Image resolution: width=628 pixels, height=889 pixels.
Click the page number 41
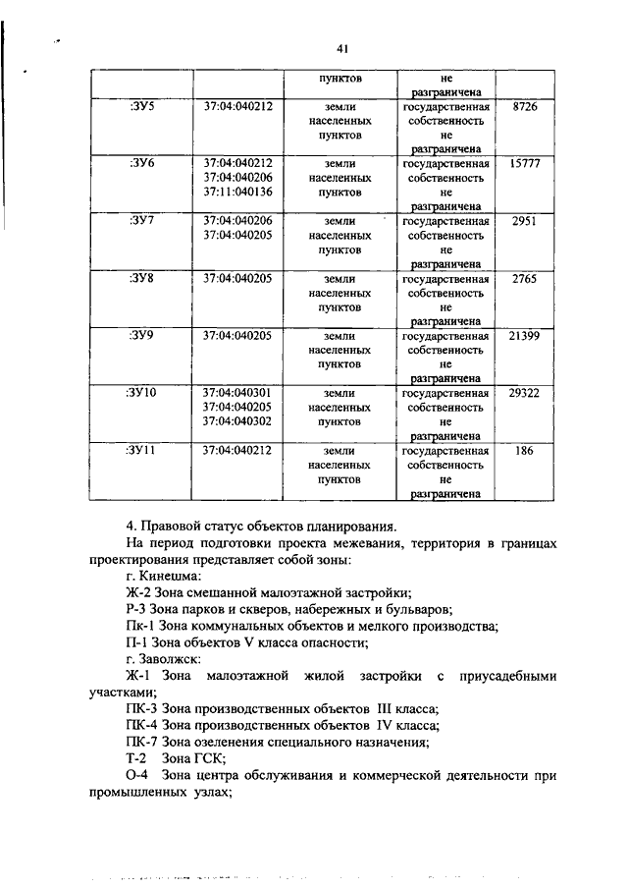click(x=342, y=48)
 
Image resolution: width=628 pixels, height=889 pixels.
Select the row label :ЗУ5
click(x=142, y=105)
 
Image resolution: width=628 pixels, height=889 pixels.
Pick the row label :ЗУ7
click(x=142, y=221)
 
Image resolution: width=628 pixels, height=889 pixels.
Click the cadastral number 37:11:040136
click(x=237, y=192)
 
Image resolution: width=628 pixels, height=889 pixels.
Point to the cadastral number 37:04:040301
click(x=237, y=393)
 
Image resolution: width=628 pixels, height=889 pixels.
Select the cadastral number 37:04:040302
click(x=237, y=421)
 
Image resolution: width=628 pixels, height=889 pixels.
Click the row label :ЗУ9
click(x=142, y=335)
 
